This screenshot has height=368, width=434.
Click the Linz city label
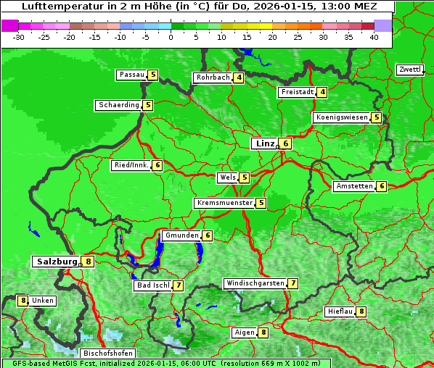tap(264, 143)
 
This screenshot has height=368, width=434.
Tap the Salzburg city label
tap(57, 262)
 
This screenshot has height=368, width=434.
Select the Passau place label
tap(131, 75)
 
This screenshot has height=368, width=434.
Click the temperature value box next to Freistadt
tap(322, 92)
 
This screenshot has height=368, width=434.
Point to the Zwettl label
tap(409, 70)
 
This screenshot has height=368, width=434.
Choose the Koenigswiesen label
tap(341, 117)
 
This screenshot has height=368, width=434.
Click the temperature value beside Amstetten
tap(382, 186)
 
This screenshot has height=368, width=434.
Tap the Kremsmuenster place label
tap(224, 203)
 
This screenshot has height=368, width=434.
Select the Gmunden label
tap(181, 235)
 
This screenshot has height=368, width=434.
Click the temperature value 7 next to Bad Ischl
tap(179, 285)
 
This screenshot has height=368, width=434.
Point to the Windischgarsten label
tap(254, 283)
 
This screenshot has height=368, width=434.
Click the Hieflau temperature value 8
tap(361, 311)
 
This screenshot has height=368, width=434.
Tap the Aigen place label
tap(244, 333)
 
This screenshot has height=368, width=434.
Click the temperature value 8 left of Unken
tap(22, 301)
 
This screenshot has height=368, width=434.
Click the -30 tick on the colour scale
tap(19, 36)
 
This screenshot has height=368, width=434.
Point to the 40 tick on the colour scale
tap(373, 36)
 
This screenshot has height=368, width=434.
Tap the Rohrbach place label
tap(213, 78)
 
